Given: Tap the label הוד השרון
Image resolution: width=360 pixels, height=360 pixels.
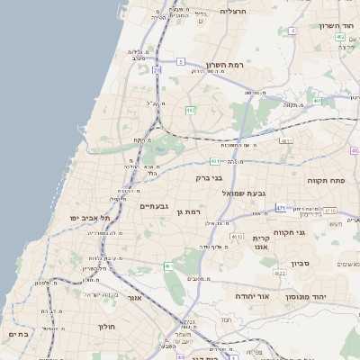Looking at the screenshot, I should tap(338, 26).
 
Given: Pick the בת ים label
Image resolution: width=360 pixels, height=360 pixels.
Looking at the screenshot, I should tap(18, 333).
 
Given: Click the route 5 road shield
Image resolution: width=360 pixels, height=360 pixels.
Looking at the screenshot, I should tap(181, 62).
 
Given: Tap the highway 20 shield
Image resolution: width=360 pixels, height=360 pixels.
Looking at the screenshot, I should tap(157, 68).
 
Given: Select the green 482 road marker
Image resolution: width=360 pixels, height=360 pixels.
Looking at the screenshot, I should tap(190, 110).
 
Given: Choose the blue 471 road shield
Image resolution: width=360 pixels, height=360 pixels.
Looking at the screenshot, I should tap(281, 208).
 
